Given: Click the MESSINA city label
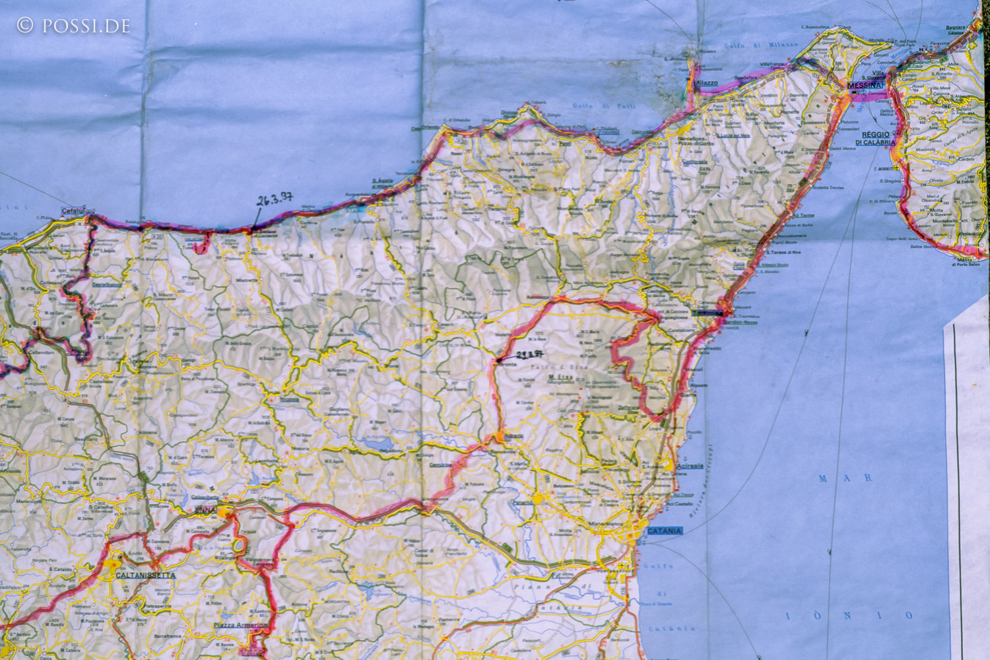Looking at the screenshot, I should pos(865,86).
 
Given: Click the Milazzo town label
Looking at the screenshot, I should pos(706,82).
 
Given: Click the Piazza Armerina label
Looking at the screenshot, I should pos(240,625).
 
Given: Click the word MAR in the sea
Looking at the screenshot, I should pos(846,478).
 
